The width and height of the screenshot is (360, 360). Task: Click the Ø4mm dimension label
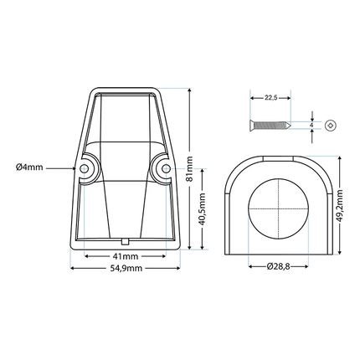click(x=28, y=167)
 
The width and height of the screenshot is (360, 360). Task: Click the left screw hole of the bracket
click(x=85, y=168)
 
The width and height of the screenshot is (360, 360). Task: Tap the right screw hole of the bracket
click(x=160, y=168)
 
